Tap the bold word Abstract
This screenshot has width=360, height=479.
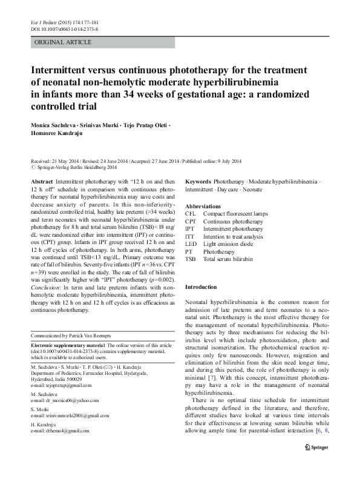pyautogui.click(x=41, y=182)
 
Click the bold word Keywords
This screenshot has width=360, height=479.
pyautogui.click(x=198, y=182)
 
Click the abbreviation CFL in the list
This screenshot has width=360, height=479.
pyautogui.click(x=191, y=214)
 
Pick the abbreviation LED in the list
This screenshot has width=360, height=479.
pyautogui.click(x=191, y=243)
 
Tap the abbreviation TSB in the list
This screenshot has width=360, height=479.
pyautogui.click(x=191, y=259)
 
